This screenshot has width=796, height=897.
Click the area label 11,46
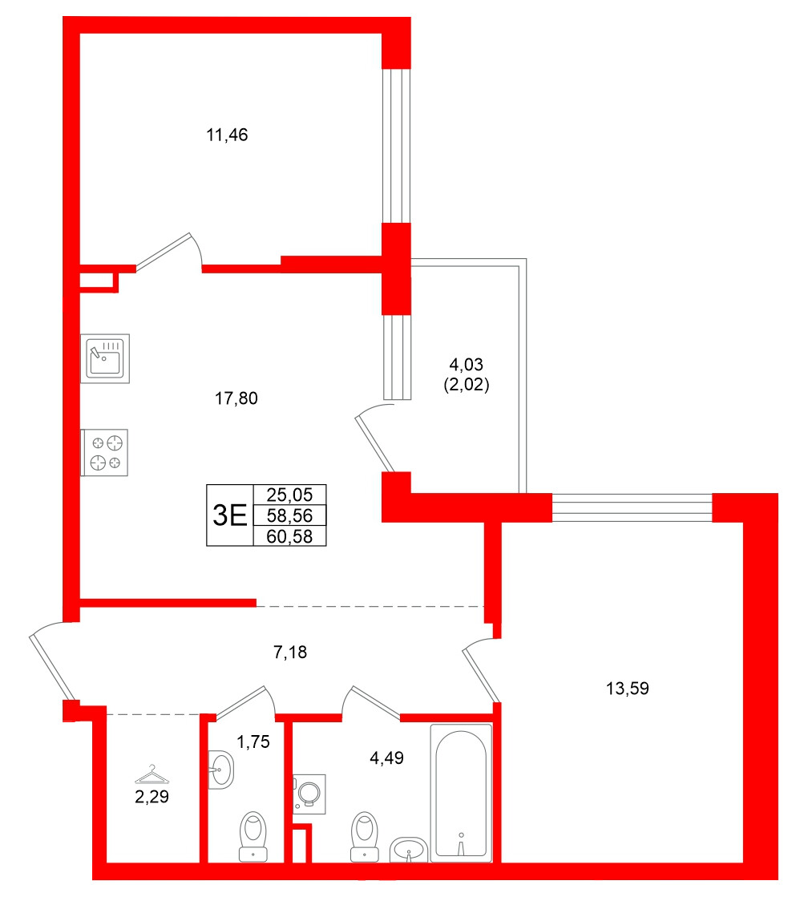pyautogui.click(x=228, y=135)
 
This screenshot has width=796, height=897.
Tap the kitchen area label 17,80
pyautogui.click(x=239, y=398)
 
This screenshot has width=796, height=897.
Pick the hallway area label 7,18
pyautogui.click(x=290, y=653)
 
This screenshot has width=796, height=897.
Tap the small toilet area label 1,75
pyautogui.click(x=253, y=741)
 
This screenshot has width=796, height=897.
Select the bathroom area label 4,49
pyautogui.click(x=386, y=758)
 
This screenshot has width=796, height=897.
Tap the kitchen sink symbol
pyautogui.click(x=106, y=358)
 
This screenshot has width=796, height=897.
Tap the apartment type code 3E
pyautogui.click(x=228, y=515)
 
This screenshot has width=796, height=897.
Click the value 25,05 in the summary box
pyautogui.click(x=289, y=495)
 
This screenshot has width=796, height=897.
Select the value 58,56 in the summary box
pyautogui.click(x=289, y=515)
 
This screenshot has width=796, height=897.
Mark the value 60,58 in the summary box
pyautogui.click(x=289, y=535)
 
